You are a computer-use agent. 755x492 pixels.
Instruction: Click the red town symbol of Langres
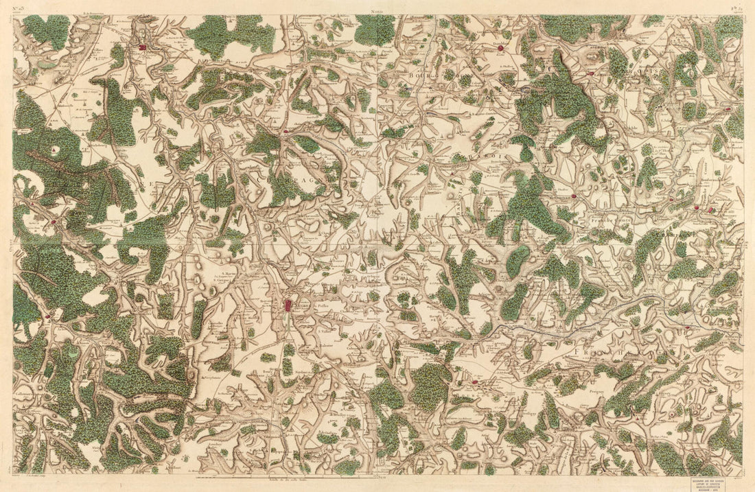pyautogui.click(x=288, y=305)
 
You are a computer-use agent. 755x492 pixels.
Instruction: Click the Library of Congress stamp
pyautogui.click(x=716, y=480)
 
